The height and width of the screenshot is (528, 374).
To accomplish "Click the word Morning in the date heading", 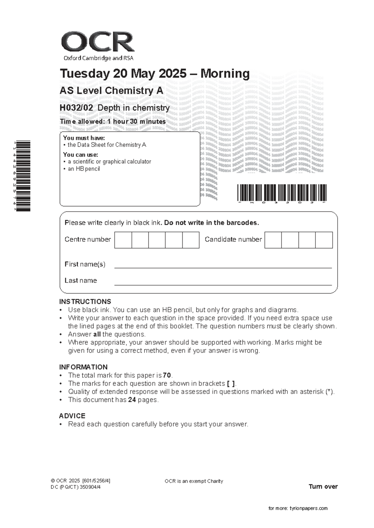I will [x=225, y=74].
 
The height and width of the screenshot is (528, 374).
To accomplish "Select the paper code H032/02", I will [x=76, y=108].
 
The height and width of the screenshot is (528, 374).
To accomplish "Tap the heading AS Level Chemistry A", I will [x=111, y=91].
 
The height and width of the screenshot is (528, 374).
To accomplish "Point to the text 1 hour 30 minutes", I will [x=136, y=122].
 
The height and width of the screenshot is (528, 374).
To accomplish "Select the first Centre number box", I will [x=123, y=240].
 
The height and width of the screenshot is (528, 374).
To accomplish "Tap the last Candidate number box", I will [x=324, y=240].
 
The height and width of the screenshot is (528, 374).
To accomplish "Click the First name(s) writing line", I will [x=223, y=265].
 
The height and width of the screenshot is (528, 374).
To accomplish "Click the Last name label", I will [x=81, y=280].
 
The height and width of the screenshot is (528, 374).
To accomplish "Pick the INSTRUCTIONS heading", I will [x=85, y=302].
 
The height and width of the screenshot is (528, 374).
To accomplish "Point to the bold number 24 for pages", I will [x=132, y=400].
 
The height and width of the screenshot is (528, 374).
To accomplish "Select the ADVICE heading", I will [x=72, y=416].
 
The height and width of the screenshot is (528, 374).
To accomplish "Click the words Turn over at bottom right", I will [x=323, y=487].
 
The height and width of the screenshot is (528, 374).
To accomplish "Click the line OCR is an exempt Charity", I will [x=194, y=481].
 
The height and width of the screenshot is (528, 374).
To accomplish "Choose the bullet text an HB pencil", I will [x=84, y=169].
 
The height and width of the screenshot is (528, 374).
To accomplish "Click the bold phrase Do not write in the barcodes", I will [x=211, y=223].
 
